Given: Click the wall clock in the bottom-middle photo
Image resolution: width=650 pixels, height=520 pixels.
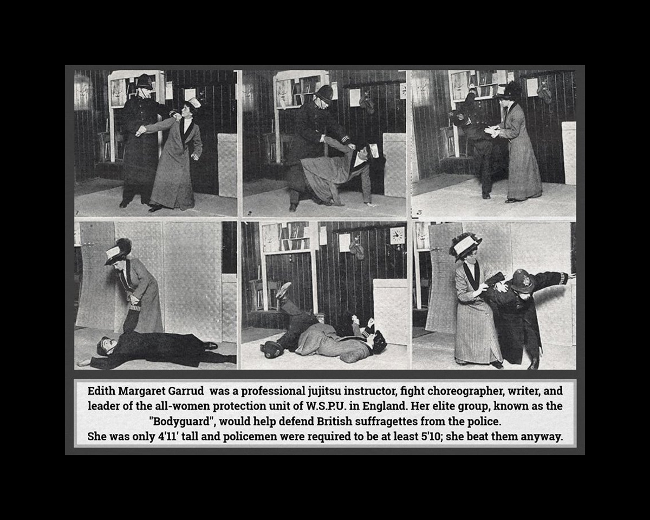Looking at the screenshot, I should point(397,235).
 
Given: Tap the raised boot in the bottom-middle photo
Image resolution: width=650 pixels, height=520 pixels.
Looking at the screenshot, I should point(283,290).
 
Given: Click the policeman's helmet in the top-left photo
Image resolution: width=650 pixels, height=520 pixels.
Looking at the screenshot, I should point(144,82).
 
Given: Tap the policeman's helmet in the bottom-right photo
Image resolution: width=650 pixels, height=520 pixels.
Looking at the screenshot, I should point(523,281).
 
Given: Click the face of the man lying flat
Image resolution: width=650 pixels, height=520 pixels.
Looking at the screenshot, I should point(102,346).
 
